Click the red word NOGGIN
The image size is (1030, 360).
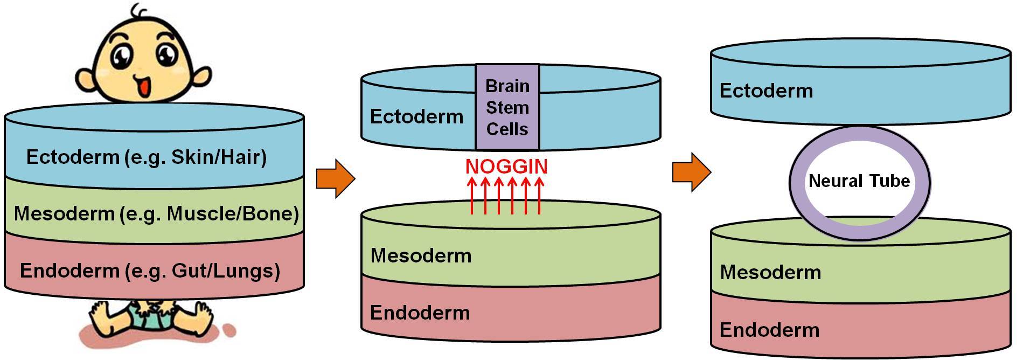pyautogui.click(x=506, y=167)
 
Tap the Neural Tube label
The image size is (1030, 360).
pyautogui.click(x=859, y=181)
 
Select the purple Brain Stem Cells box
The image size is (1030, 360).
pyautogui.click(x=507, y=107)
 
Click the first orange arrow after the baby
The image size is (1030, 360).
pyautogui.click(x=335, y=178)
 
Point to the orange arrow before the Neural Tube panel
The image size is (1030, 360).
pyautogui.click(x=691, y=172)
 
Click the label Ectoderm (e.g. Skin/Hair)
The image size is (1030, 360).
pyautogui.click(x=146, y=157)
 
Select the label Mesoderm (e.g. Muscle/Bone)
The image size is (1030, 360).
pyautogui.click(x=156, y=214)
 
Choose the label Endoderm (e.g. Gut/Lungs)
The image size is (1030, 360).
pyautogui.click(x=150, y=271)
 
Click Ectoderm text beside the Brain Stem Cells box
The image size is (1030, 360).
pyautogui.click(x=416, y=117)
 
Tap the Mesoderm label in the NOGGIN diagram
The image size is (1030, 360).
pyautogui.click(x=421, y=255)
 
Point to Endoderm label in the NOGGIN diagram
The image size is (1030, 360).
pyautogui.click(x=420, y=313)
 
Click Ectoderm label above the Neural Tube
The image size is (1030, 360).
pyautogui.click(x=766, y=91)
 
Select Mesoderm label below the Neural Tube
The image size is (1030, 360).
pyautogui.click(x=770, y=273)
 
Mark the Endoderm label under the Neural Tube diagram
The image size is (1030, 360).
pyautogui.click(x=769, y=330)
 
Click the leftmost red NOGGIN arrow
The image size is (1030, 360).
pyautogui.click(x=472, y=196)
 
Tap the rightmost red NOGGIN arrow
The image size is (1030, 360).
pyautogui.click(x=539, y=196)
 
